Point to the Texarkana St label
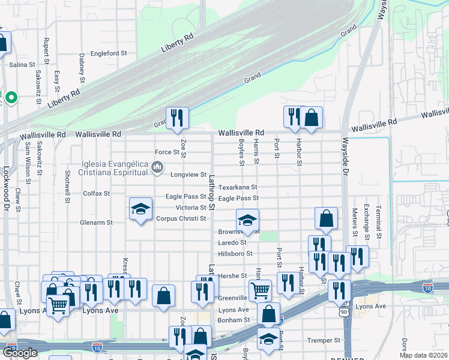pos(238,187)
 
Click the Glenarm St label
pos(97,222)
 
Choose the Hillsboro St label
pos(235,254)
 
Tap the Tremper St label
pos(324,340)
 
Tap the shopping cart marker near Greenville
pos(260,290)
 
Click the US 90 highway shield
pos(344,313)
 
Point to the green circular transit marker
pos(11,97)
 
